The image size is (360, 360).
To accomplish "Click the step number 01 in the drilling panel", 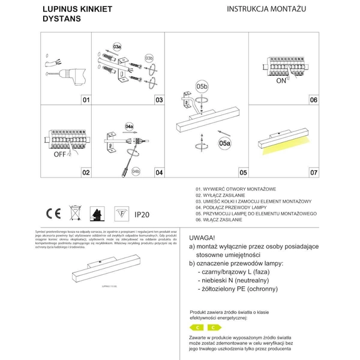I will click(85, 100).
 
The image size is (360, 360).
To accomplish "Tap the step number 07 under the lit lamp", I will click(313, 173).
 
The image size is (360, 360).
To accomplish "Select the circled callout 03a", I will click(117, 46).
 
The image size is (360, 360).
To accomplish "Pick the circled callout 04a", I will click(129, 127).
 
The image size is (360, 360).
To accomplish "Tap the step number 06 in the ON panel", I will click(313, 100).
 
